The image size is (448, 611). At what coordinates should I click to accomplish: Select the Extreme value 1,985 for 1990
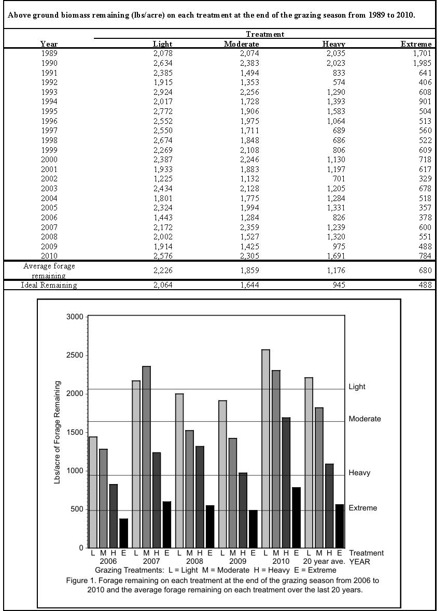422,63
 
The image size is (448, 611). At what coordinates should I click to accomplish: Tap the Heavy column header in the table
333,44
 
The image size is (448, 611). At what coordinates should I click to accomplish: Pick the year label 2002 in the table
49,179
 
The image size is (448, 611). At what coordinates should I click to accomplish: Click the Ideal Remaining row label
49,286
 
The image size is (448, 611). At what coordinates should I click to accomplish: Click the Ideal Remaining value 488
425,286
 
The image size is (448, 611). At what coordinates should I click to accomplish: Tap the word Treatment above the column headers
264,34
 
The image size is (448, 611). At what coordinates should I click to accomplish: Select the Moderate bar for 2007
146,457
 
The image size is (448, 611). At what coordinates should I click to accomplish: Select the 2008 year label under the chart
194,561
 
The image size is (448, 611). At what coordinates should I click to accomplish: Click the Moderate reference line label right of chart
365,419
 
